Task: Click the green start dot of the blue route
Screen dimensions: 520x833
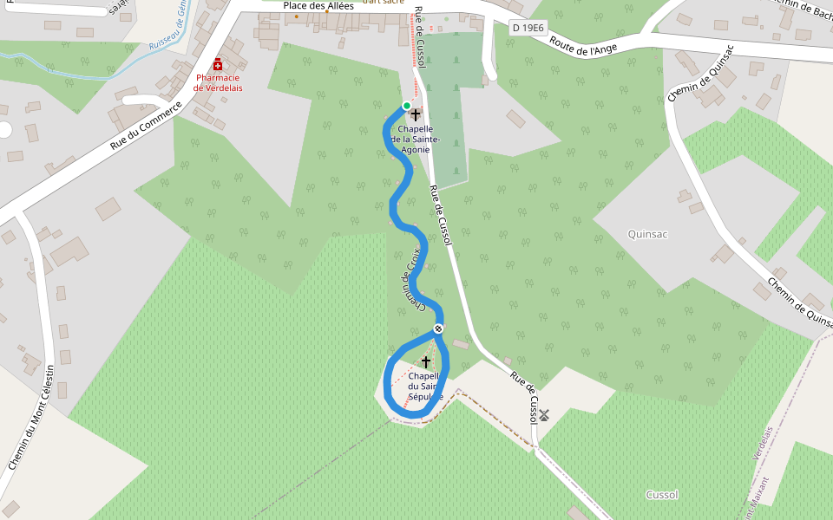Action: click(406, 106)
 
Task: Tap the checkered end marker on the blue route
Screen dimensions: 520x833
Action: click(439, 328)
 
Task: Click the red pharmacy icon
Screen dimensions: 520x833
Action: click(218, 65)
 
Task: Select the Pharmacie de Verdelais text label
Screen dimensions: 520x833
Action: click(218, 82)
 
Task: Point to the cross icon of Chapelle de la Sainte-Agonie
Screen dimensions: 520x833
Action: click(416, 114)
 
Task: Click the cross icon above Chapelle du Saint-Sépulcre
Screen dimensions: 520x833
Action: click(425, 361)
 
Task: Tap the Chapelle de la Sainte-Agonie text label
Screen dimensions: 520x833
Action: click(415, 140)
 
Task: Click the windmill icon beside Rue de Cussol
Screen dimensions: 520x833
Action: click(544, 415)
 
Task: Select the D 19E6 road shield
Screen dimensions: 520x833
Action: click(528, 28)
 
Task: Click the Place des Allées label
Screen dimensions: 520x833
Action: click(318, 5)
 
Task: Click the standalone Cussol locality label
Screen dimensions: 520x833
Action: click(662, 495)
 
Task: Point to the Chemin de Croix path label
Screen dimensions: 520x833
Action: click(411, 279)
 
